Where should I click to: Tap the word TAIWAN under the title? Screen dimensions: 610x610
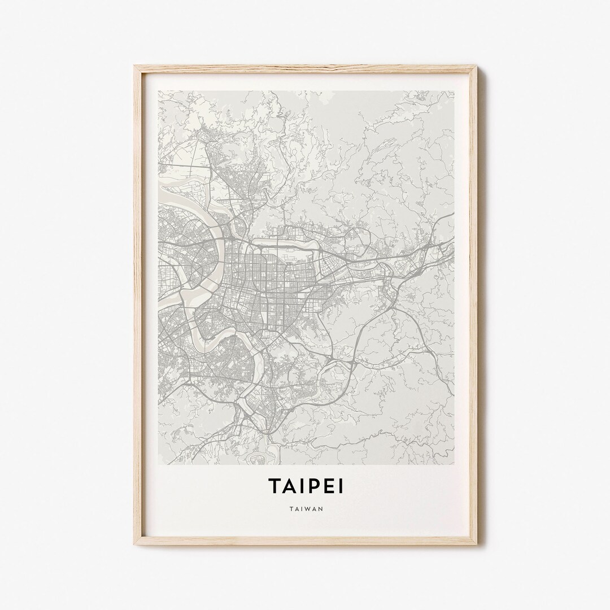click(305, 508)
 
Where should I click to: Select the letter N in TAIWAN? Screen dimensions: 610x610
click(321, 508)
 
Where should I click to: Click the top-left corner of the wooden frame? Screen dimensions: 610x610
click(134, 66)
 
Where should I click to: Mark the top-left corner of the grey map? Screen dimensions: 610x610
click(158, 91)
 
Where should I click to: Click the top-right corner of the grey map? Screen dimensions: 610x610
click(454, 91)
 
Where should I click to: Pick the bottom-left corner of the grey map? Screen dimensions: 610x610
click(158, 464)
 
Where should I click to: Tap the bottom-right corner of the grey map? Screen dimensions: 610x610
click(454, 464)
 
